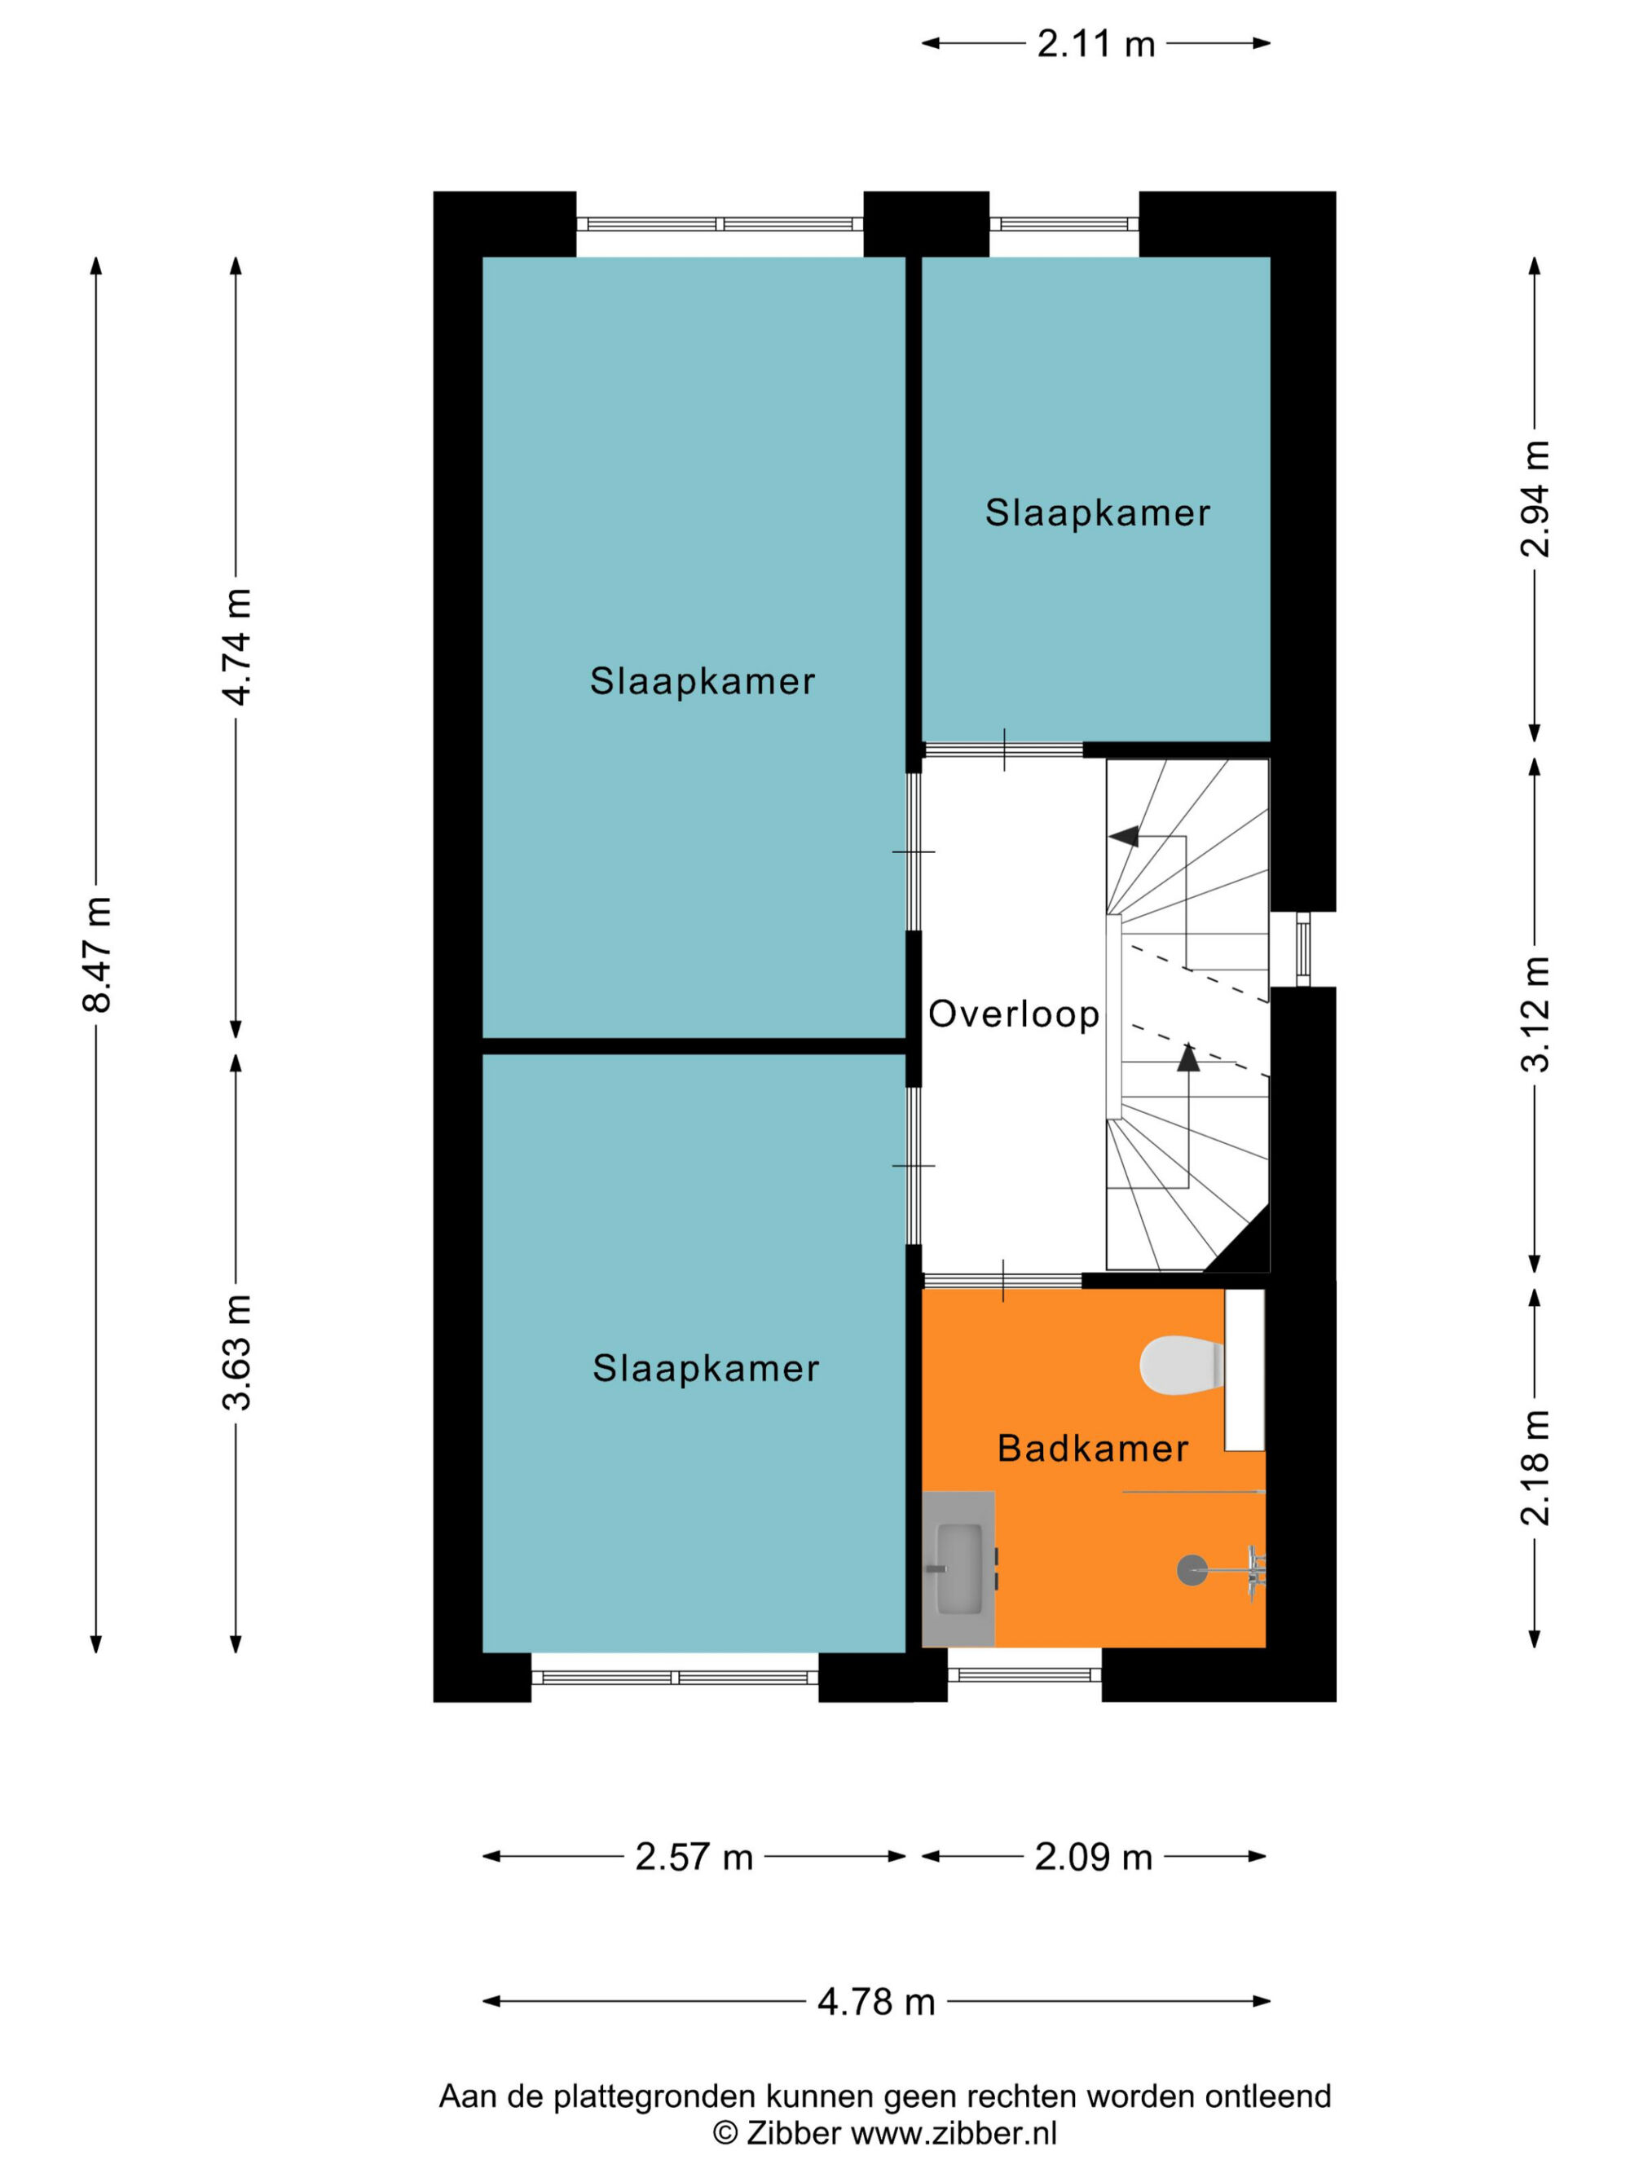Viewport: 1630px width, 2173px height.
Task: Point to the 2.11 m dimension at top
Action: click(1095, 44)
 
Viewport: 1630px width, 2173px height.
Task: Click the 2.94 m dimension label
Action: click(1534, 499)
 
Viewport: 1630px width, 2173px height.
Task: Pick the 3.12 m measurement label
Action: click(1534, 1013)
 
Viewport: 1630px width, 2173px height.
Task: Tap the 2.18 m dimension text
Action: click(1534, 1467)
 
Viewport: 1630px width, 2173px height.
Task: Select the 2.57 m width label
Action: click(694, 1857)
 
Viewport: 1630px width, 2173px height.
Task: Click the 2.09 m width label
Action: click(1093, 1857)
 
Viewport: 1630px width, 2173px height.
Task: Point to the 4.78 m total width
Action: click(875, 2001)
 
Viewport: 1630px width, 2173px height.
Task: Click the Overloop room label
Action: click(1014, 1014)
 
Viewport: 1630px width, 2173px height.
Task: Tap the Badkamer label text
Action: click(1093, 1448)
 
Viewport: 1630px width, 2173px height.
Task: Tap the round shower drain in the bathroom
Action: click(1192, 1570)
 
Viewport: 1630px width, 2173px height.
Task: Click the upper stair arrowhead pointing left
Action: click(1124, 837)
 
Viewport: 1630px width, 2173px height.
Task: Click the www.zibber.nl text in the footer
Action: click(953, 2133)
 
